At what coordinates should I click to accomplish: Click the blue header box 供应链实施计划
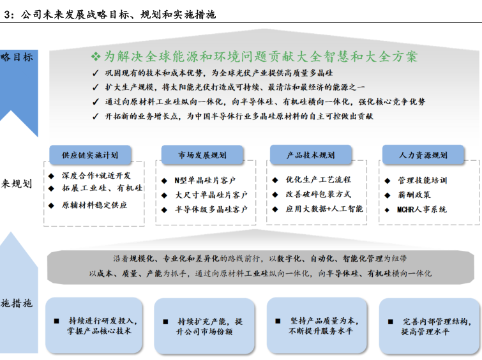pos(90,154)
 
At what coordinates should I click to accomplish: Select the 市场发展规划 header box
pos(202,154)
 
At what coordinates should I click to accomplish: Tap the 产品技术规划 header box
pos(310,154)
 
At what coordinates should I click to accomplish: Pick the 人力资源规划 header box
pos(423,154)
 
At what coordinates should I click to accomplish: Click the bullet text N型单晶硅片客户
pos(205,181)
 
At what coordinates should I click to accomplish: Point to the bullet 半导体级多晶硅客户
pos(211,209)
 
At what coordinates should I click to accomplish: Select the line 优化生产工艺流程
pos(318,179)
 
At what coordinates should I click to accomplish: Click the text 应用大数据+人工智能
pos(324,209)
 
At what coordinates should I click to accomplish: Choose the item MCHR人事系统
pos(421,209)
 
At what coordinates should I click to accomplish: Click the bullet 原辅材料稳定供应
pos(94,205)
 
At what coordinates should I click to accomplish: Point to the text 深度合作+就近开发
pos(96,176)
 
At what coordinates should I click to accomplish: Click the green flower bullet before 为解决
pos(96,56)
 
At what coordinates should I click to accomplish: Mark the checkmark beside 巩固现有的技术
pos(95,73)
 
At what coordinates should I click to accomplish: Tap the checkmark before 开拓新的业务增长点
pos(95,117)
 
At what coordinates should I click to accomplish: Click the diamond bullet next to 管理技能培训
pos(388,181)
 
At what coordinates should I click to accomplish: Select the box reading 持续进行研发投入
pos(94,326)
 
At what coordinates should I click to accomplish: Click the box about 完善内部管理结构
pos(429,326)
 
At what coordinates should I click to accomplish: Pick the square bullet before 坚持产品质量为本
pos(278,321)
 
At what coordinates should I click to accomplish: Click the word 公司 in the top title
pos(31,15)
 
